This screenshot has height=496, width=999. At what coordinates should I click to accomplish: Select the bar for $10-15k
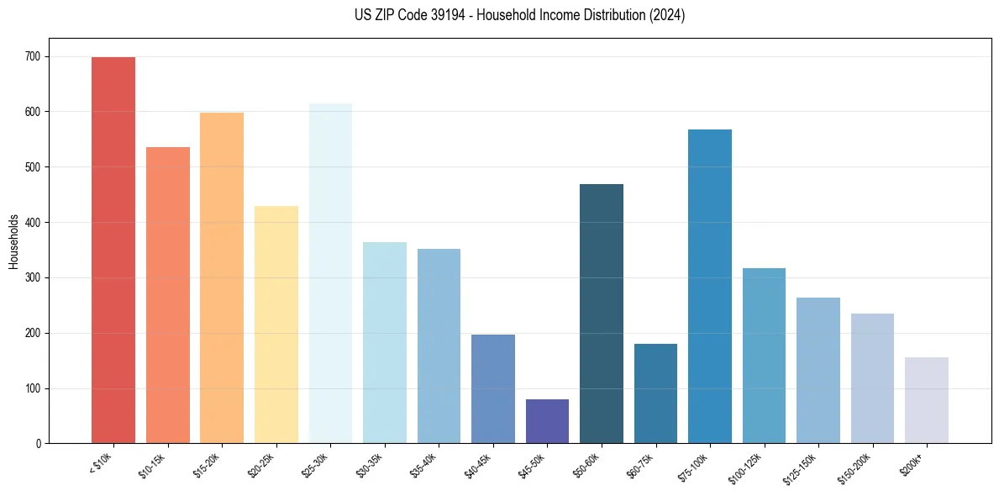point(168,295)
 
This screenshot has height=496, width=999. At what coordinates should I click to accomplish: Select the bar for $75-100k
point(710,287)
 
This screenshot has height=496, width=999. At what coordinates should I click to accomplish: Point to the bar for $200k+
point(927,400)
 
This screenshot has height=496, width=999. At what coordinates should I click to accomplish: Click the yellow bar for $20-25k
point(276,325)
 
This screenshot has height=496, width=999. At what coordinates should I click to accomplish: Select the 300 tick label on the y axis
point(36,277)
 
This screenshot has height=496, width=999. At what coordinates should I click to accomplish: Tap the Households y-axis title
point(13,240)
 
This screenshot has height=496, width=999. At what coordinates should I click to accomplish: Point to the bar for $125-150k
point(818,371)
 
